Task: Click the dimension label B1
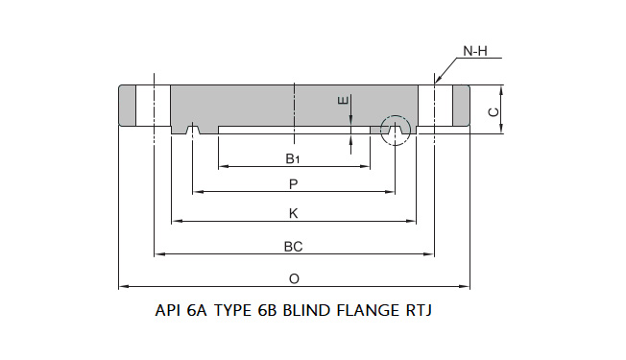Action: click(294, 158)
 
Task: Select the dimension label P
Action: click(294, 183)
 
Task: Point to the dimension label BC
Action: click(294, 246)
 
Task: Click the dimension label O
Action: click(294, 278)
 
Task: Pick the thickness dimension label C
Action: click(494, 111)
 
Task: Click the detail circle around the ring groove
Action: click(394, 129)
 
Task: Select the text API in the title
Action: click(169, 311)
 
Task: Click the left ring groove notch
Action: click(193, 129)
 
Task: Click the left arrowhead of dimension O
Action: click(122, 286)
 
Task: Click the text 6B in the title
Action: click(261, 311)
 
